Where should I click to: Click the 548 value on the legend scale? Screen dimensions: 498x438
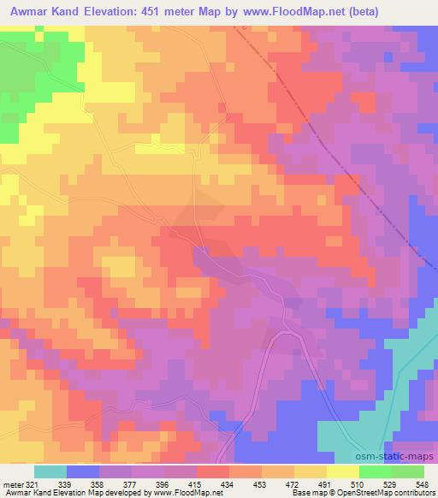tap(422, 485)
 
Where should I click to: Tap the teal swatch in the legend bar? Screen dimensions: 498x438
tap(50, 471)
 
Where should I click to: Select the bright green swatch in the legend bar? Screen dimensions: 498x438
tap(376, 471)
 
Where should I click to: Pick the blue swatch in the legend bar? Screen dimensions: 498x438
tap(83, 471)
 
